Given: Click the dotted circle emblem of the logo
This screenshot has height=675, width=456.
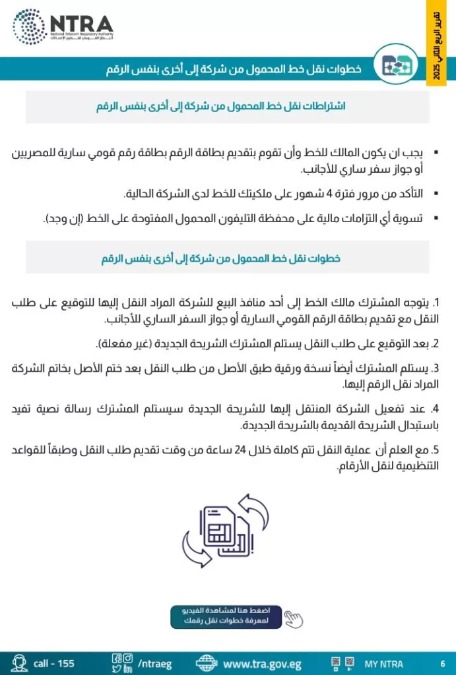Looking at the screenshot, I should point(30,27).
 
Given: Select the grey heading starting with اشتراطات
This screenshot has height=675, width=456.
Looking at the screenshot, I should point(227,106).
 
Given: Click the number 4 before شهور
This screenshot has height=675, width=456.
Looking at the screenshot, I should point(319,192).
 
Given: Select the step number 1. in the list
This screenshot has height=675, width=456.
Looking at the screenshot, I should point(436,303).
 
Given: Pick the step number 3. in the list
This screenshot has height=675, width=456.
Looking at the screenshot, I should point(436,368).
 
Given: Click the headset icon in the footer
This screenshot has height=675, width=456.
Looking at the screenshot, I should point(19,662).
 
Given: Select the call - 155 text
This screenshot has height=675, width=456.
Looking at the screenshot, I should point(54,663).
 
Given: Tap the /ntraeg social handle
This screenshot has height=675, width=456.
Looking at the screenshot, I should point(154,663).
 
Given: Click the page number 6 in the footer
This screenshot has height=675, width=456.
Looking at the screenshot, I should point(442,663).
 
